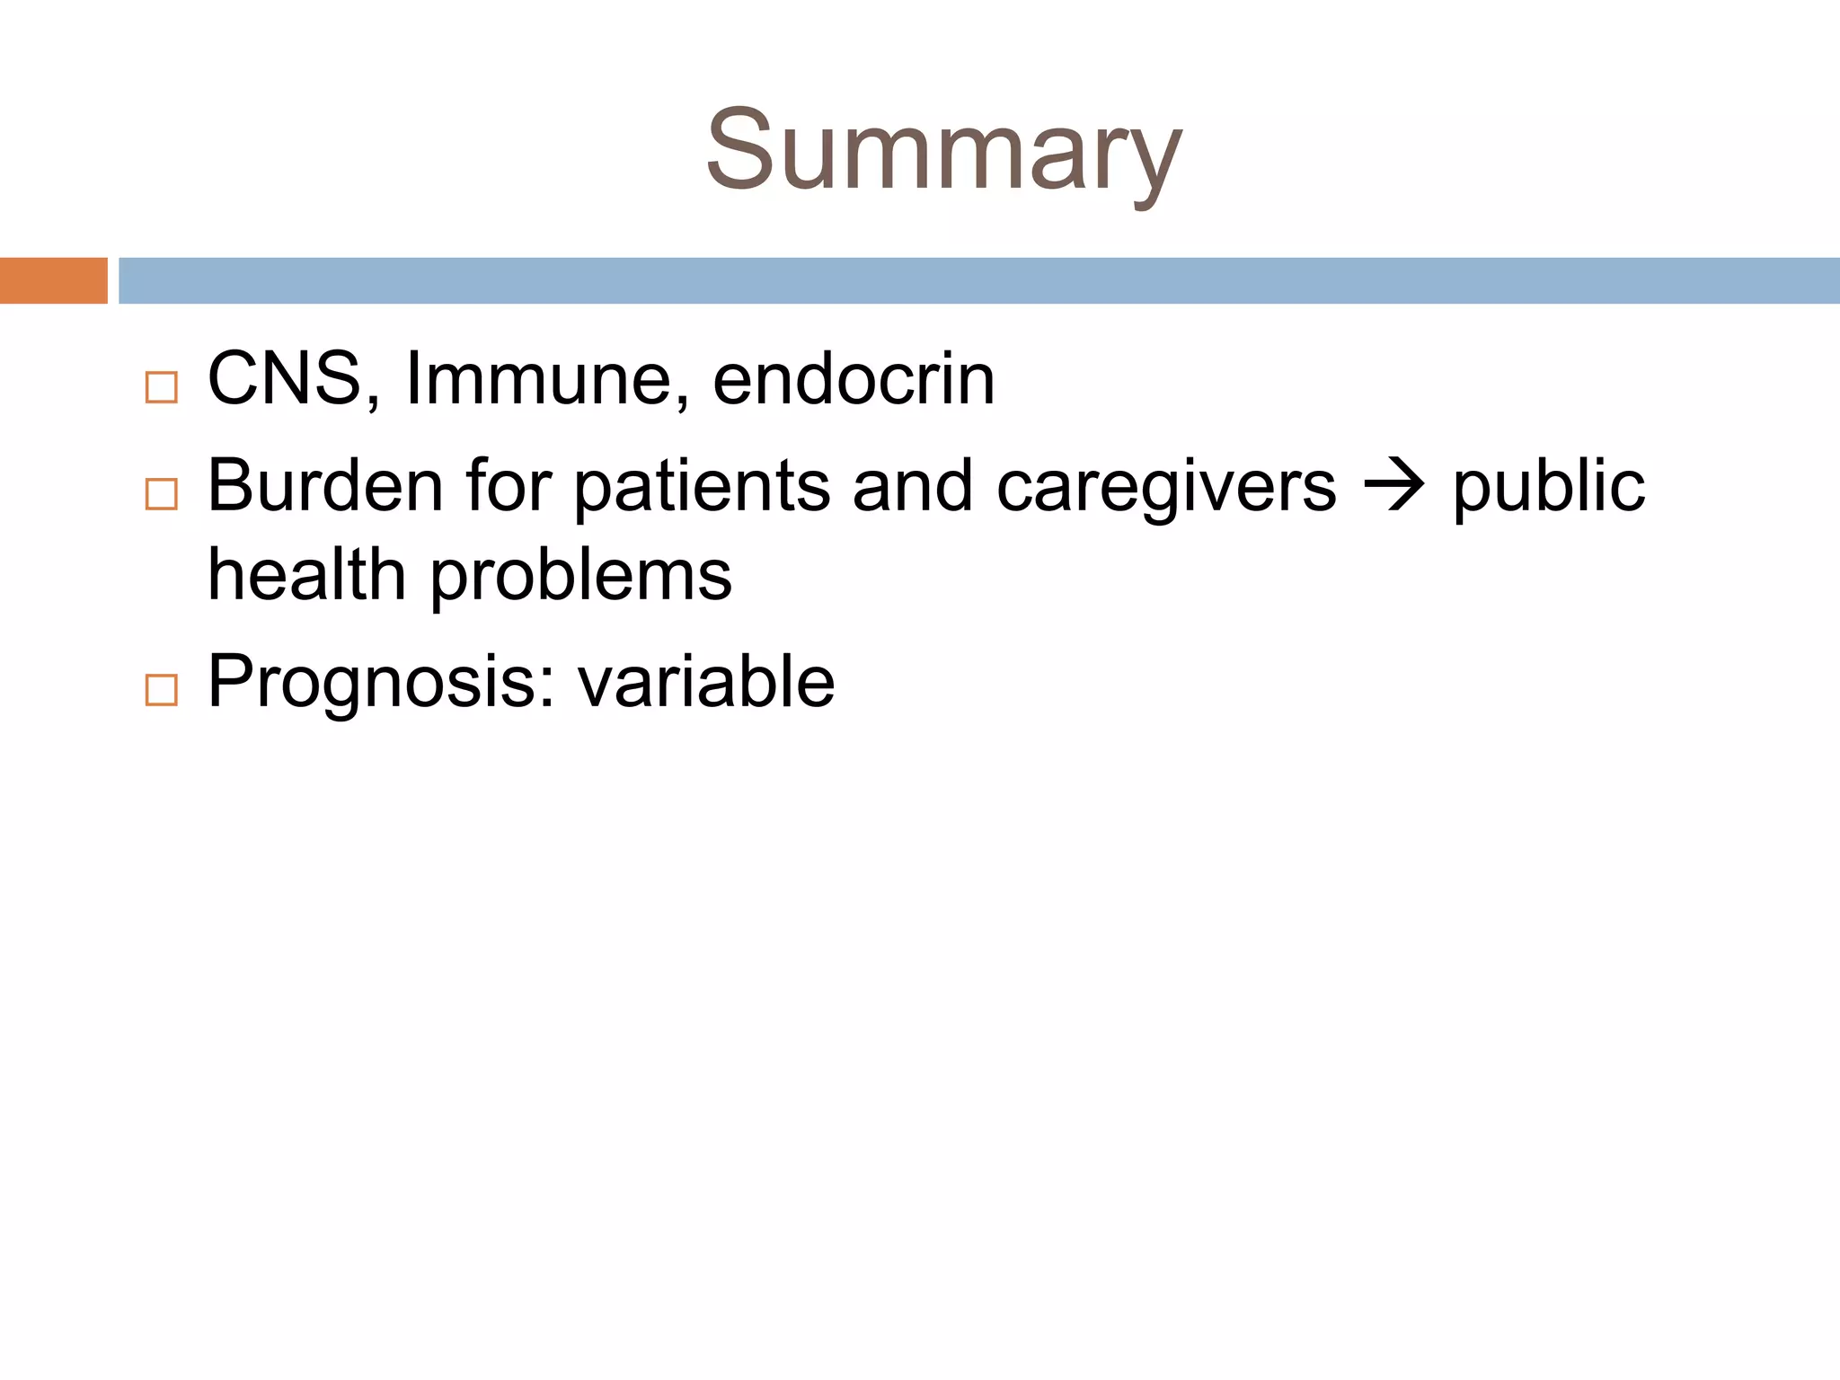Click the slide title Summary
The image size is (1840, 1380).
943,151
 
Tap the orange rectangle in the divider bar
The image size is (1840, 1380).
53,280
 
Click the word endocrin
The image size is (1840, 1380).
854,379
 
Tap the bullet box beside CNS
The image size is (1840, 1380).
162,387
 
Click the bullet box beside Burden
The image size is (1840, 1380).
162,494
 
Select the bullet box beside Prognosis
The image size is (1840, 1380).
162,690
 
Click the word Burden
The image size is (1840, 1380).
325,486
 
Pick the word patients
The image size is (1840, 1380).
702,488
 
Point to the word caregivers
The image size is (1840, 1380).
1166,488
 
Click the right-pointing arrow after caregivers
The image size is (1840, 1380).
1393,488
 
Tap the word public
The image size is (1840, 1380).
1549,488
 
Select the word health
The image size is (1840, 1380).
306,575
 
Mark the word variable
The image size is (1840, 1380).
706,682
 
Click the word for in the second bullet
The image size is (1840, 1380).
509,486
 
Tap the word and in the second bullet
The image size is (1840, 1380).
912,486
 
